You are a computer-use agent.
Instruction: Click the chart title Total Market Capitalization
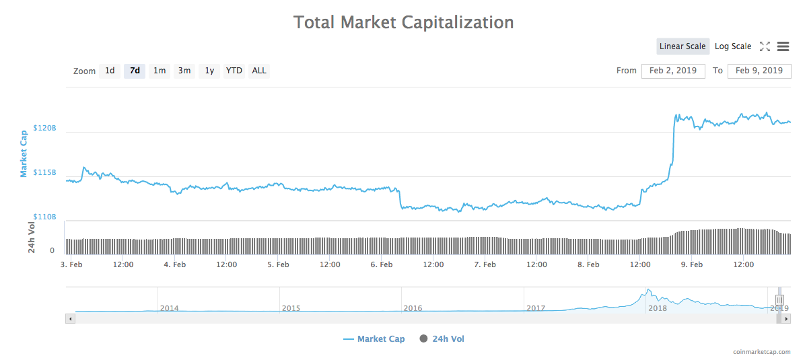(x=403, y=22)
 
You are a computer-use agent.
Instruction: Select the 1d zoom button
(x=110, y=71)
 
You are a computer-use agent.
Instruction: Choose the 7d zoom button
(x=135, y=71)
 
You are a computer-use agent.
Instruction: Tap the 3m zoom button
(x=184, y=71)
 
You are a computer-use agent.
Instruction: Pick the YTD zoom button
(x=234, y=71)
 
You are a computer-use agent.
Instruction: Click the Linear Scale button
(x=682, y=46)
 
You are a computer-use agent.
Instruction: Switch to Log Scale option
(x=733, y=46)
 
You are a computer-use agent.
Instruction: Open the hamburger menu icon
(x=783, y=46)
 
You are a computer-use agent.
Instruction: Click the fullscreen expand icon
(x=765, y=46)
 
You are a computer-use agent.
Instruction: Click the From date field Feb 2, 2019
(x=673, y=71)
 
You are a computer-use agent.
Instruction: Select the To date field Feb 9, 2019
(x=759, y=71)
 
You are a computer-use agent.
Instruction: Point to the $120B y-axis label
(x=45, y=128)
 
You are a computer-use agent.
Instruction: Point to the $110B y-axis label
(x=45, y=217)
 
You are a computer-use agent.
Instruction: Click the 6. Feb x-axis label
(x=382, y=264)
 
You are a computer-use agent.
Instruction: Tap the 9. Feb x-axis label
(x=692, y=264)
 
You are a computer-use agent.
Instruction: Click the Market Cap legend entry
(x=374, y=339)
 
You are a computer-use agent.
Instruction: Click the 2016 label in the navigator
(x=413, y=308)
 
